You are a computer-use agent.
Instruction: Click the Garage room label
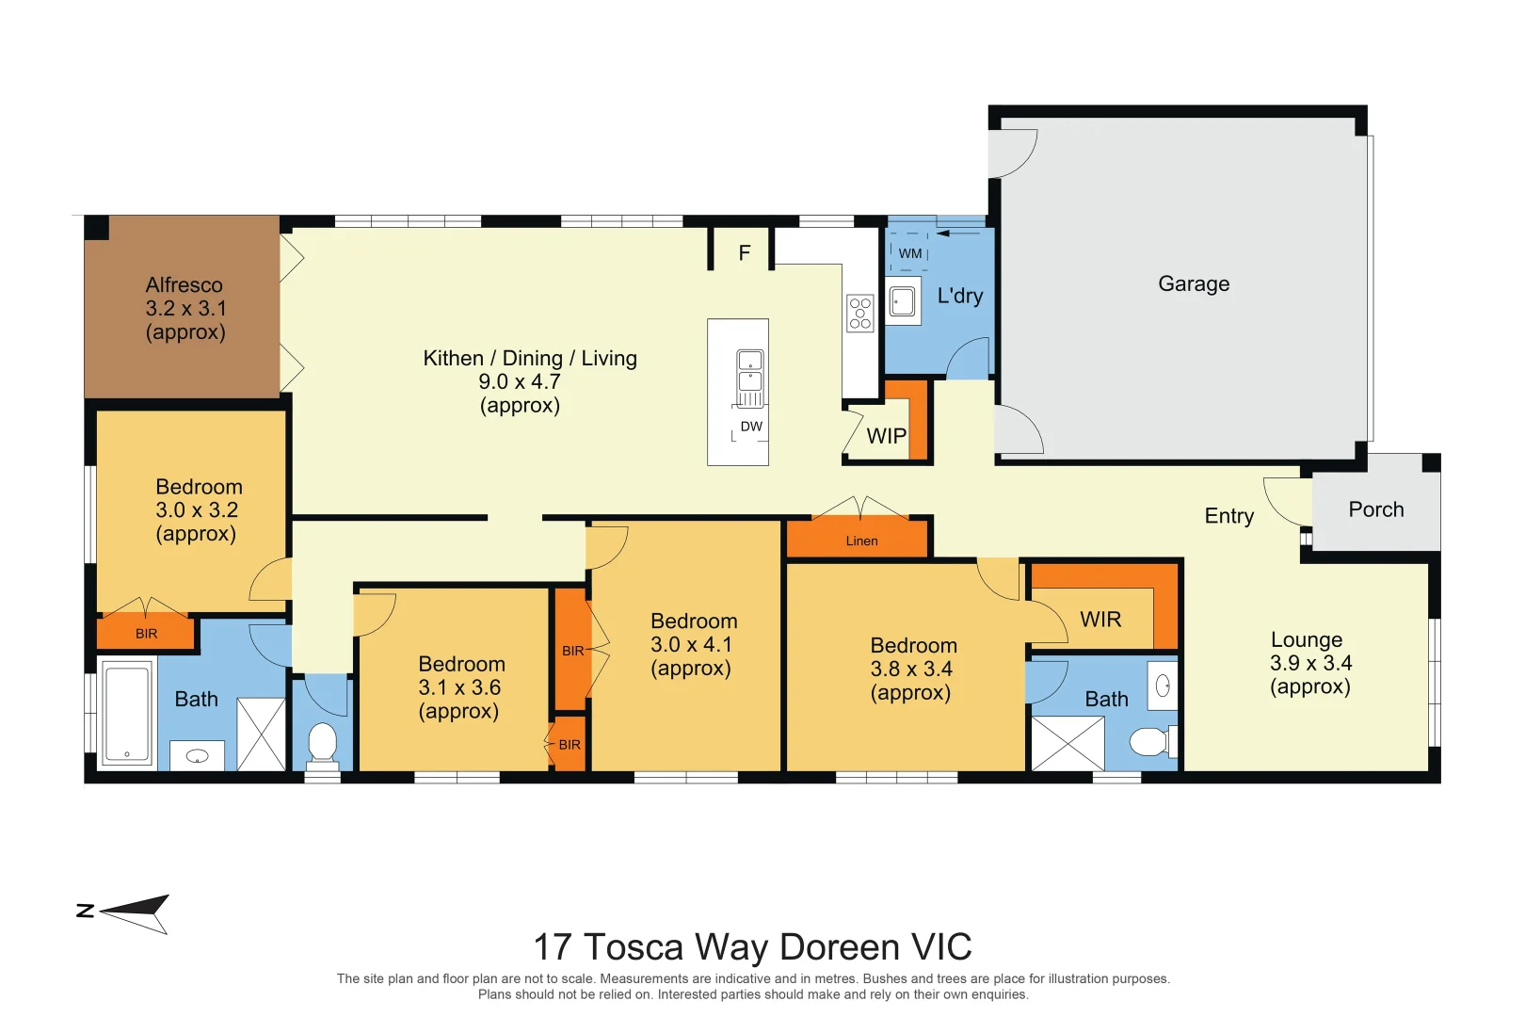pos(1194,283)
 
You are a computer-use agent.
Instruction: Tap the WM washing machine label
pos(909,253)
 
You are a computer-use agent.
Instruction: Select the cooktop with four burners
pos(859,314)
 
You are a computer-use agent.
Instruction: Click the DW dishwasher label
pos(751,427)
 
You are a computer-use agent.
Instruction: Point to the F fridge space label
pos(744,252)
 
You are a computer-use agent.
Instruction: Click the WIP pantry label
pos(887,435)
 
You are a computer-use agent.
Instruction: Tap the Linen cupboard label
pos(861,541)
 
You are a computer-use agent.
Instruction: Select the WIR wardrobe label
pos(1100,620)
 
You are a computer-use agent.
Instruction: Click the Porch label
pos(1376,509)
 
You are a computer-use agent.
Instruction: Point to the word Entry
pos(1228,516)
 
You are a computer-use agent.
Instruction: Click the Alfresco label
pos(184,284)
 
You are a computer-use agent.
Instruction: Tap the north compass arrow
pos(134,913)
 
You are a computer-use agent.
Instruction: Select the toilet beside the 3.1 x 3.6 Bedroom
pos(322,742)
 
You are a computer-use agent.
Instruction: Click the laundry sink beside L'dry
pos(903,300)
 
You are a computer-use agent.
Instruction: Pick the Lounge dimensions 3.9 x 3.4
pos(1310,663)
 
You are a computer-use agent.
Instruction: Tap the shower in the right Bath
pos(1068,743)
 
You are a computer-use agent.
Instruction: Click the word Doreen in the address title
pos(840,946)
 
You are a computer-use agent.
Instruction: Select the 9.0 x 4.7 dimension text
pos(520,381)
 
